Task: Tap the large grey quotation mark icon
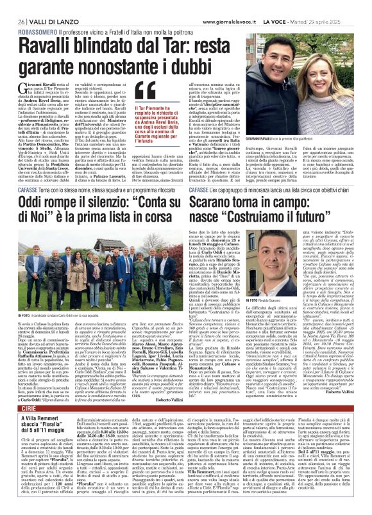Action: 146,94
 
